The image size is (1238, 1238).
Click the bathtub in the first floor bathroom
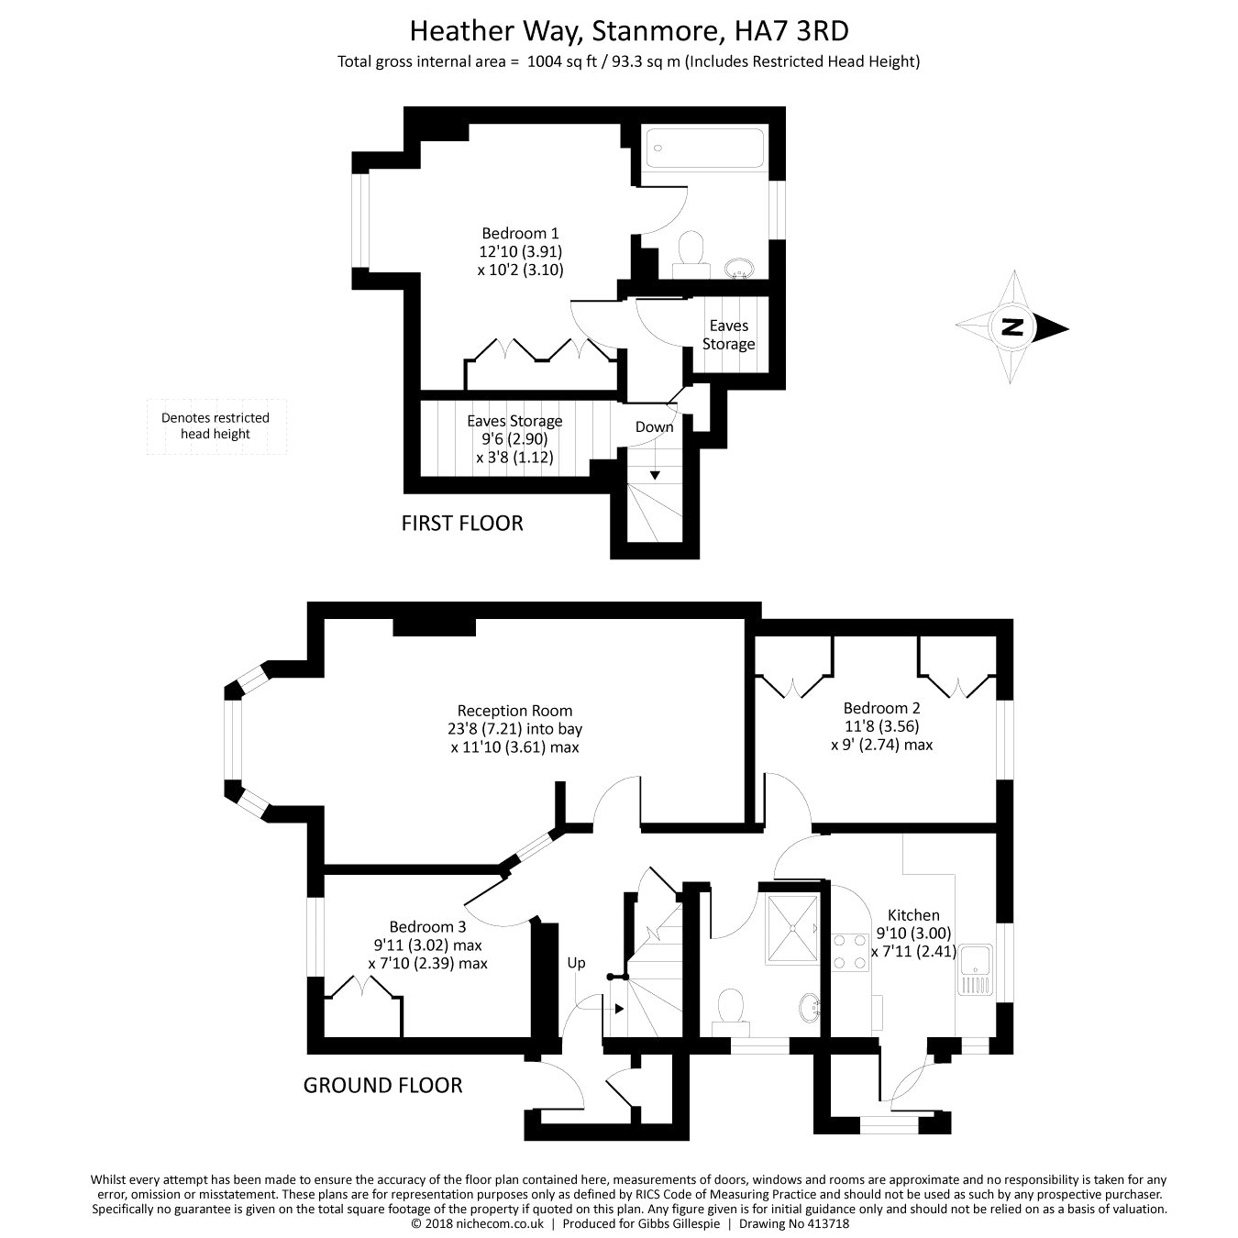705,149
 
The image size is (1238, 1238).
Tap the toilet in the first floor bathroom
691,254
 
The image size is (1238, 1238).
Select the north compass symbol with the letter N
1012,327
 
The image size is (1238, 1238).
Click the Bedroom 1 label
520,233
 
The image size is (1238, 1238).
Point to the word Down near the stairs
654,426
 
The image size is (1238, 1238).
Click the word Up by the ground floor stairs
576,962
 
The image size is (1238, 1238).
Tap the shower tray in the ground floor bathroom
793,929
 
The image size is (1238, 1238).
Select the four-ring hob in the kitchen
848,952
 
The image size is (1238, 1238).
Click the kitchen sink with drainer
974,970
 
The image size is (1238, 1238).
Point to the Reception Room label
514,711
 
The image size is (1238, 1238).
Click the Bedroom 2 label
881,708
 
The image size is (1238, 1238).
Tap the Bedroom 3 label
427,926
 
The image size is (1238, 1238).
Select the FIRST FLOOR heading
462,524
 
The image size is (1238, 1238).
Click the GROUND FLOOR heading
383,1085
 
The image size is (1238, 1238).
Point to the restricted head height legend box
216,426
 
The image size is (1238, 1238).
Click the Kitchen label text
913,915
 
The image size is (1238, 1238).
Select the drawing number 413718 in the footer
825,1224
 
